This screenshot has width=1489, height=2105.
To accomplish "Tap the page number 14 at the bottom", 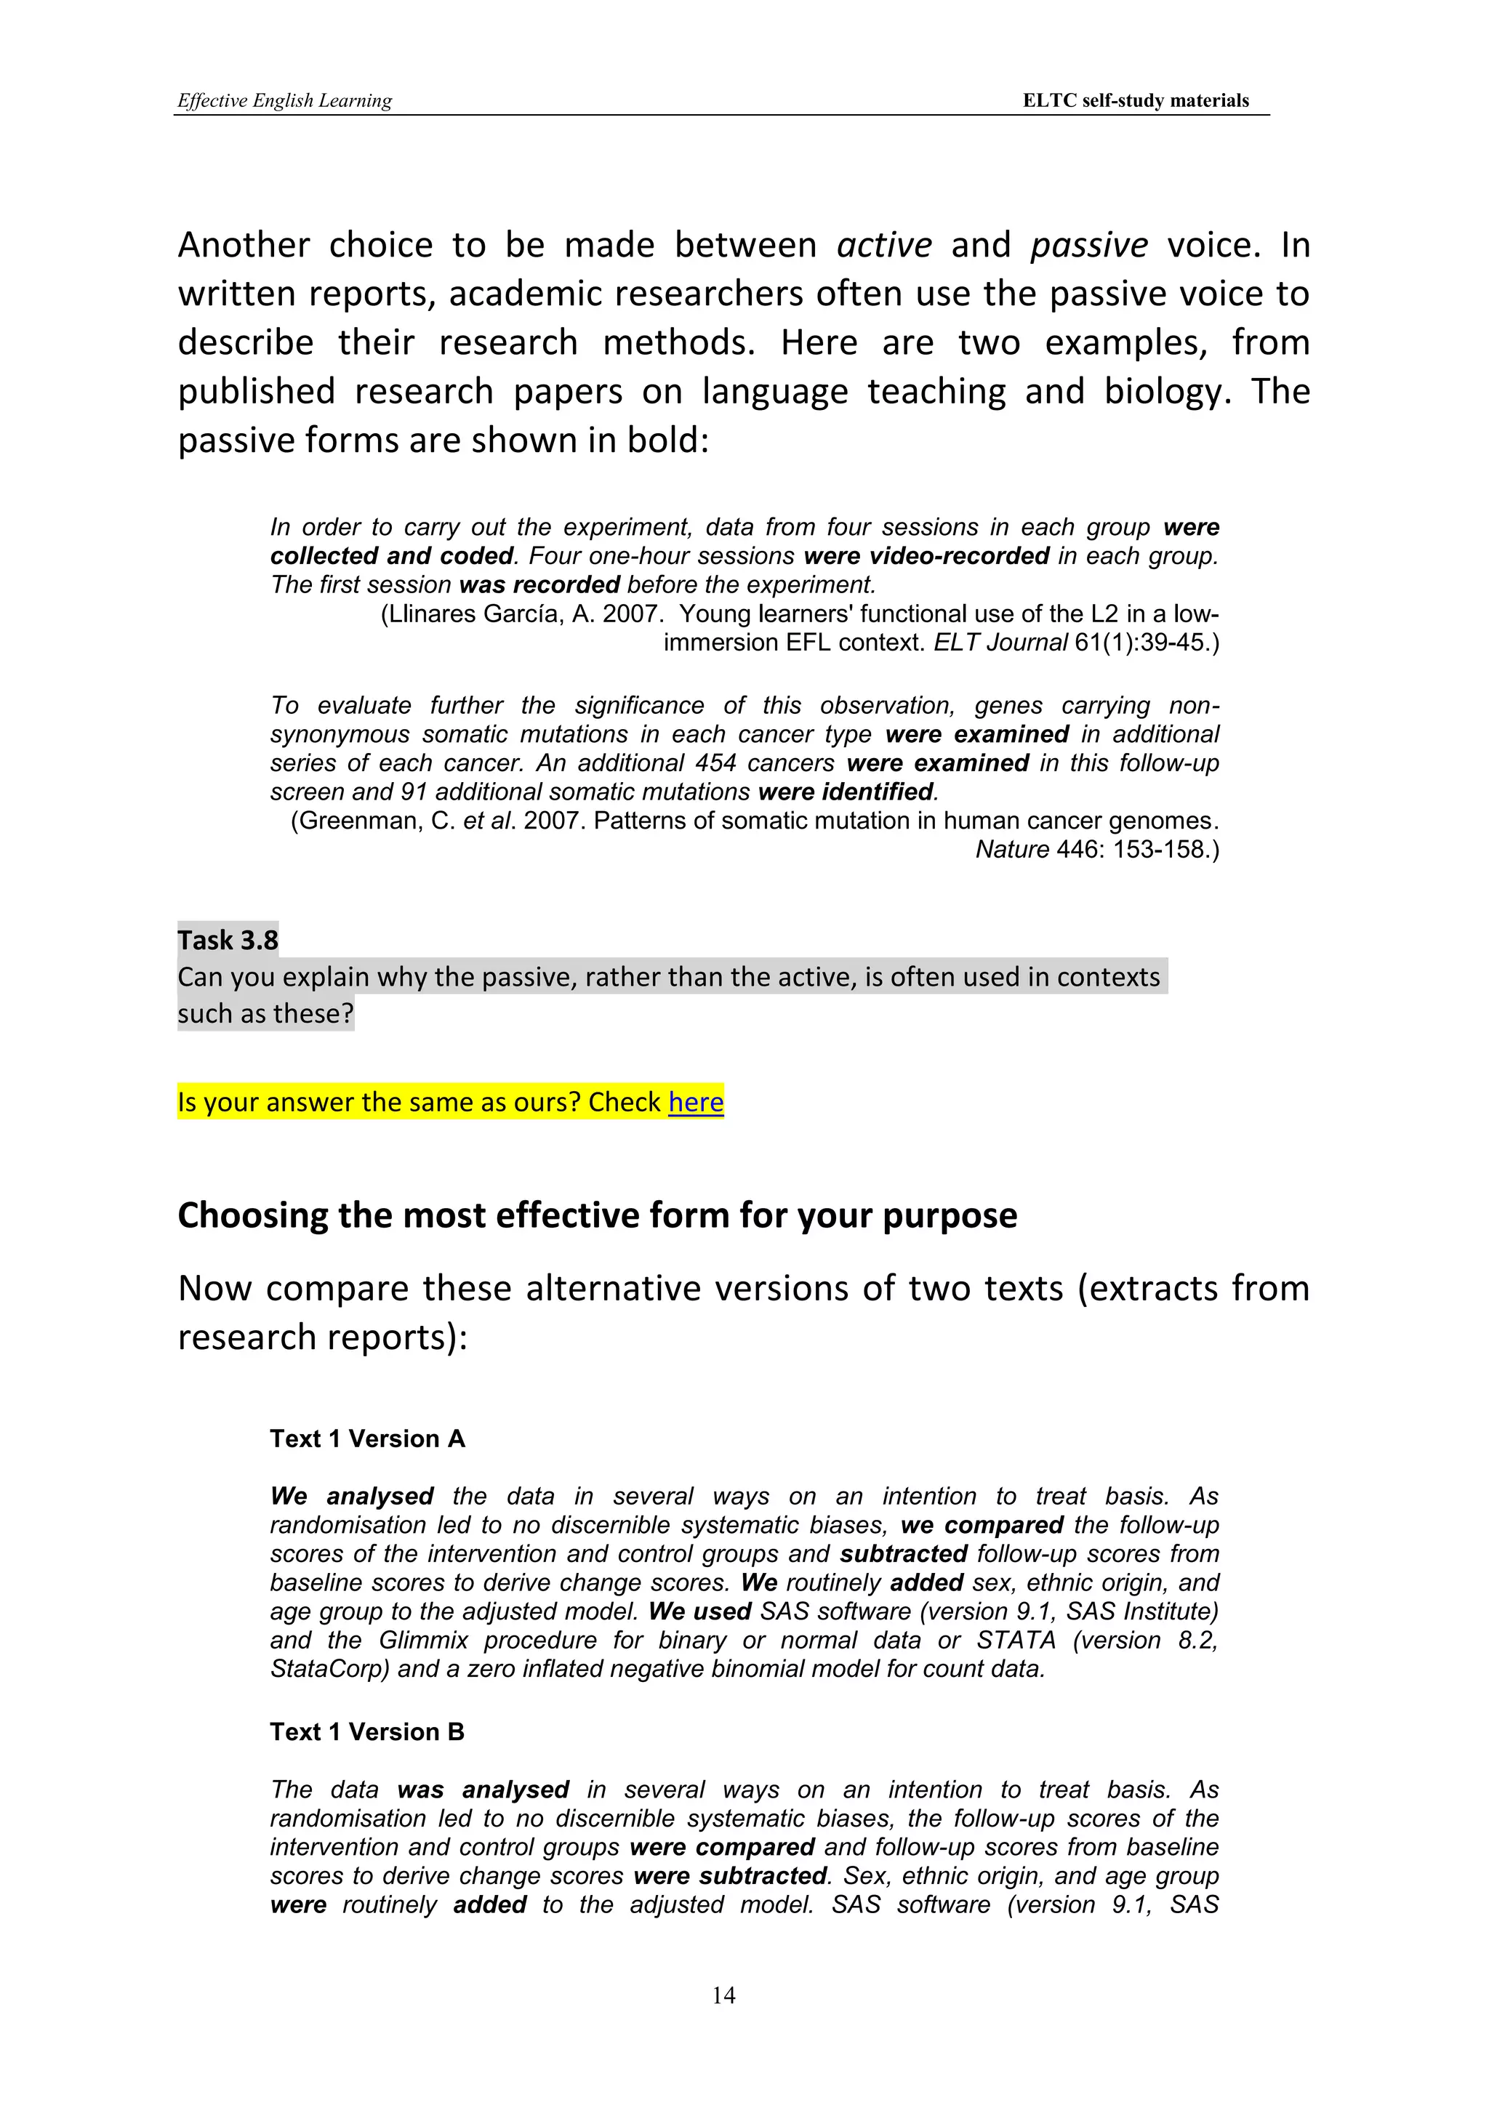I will click(723, 1995).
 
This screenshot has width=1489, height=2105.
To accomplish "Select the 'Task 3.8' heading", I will click(228, 940).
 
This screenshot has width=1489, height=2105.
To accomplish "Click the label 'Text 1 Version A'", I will click(366, 1438).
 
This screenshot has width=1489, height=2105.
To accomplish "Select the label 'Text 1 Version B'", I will click(366, 1732).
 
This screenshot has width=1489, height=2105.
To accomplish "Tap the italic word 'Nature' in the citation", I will click(1011, 849).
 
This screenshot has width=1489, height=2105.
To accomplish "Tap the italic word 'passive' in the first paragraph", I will click(1088, 245).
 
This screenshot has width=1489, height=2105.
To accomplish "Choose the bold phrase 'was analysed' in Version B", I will click(483, 1790).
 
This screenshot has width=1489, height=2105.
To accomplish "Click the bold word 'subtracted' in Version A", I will click(903, 1554).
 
